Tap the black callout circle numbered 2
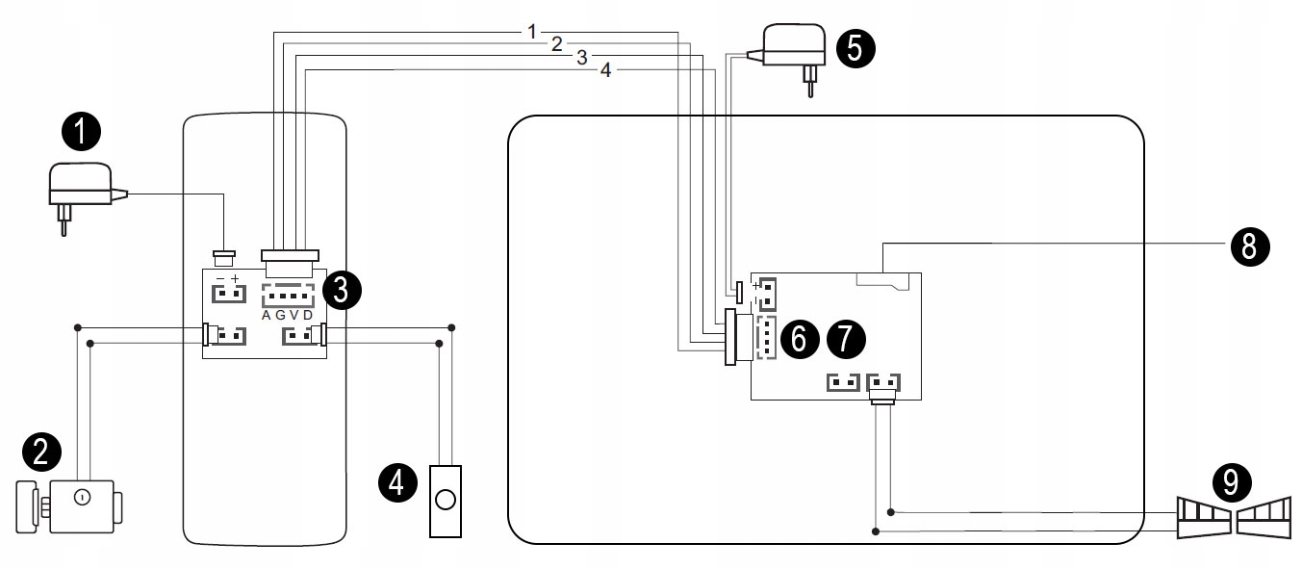point(41,451)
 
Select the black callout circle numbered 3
point(343,288)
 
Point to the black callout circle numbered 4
point(397,480)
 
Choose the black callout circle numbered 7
point(846,337)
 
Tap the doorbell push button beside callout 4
point(445,500)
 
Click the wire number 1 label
point(531,31)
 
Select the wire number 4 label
point(604,70)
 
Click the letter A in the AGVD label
point(267,315)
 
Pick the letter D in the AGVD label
point(308,315)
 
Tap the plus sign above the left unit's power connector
point(234,278)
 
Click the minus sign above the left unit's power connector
point(219,278)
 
